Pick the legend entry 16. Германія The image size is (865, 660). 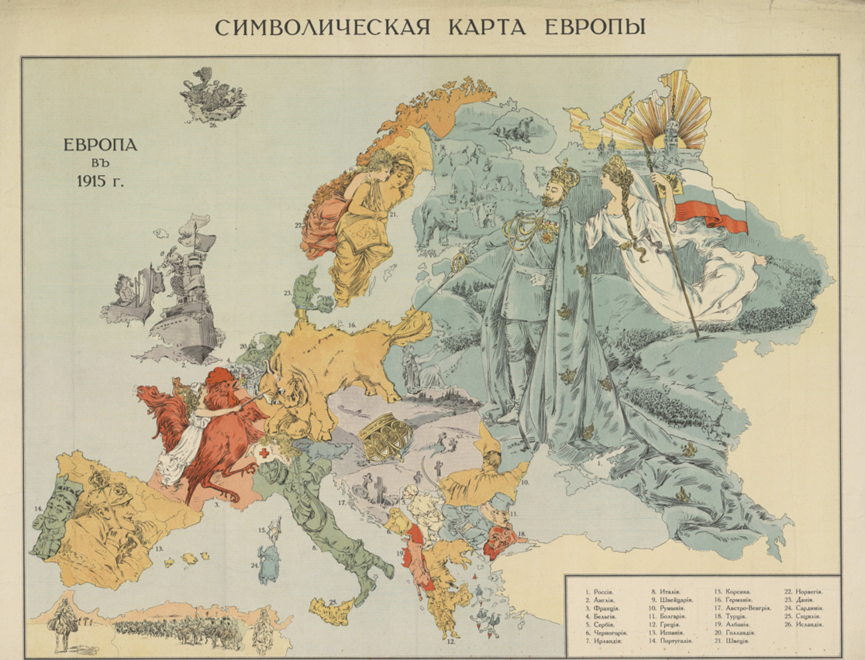coord(733,601)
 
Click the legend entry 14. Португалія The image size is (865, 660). coord(671,641)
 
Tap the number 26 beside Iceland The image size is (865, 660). coord(212,124)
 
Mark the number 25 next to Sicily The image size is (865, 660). coord(333,602)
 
